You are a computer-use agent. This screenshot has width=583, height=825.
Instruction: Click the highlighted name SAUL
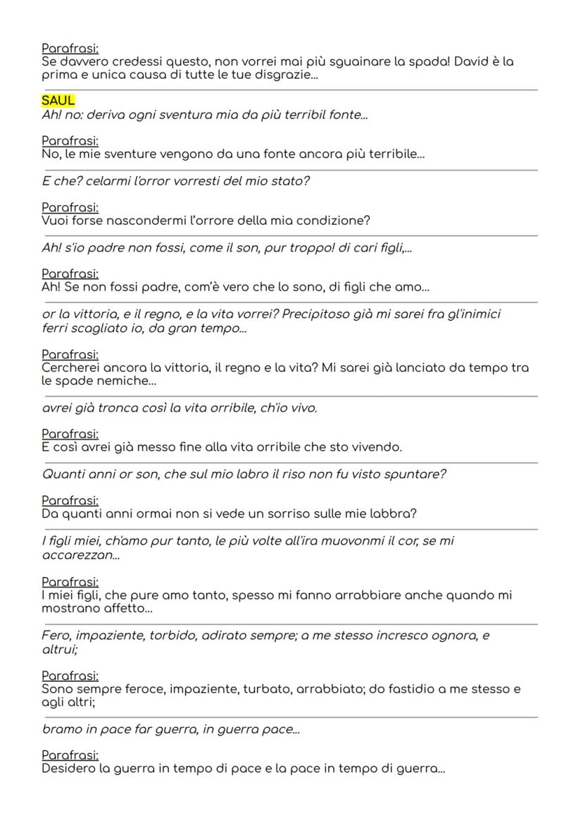coord(58,101)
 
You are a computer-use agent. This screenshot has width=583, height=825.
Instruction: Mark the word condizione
coord(333,221)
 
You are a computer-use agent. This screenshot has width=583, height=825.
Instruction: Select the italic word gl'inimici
coord(470,314)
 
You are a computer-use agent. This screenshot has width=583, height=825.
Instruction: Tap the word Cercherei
coord(72,367)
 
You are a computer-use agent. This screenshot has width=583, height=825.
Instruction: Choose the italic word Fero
coord(56,636)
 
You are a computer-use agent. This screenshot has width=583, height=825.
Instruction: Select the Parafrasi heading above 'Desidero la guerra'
coord(70,755)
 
